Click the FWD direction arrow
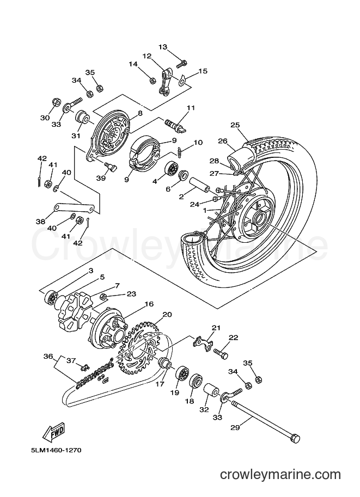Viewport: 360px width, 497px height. [x=54, y=432]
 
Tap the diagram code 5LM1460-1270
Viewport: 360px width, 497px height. [x=56, y=450]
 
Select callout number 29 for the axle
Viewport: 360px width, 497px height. [x=235, y=427]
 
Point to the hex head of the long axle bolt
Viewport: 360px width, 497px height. [x=295, y=438]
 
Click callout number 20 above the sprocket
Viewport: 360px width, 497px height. [x=167, y=315]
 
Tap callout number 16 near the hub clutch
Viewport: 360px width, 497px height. [x=149, y=304]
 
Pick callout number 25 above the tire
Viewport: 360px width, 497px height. [x=235, y=125]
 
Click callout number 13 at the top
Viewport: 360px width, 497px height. [x=163, y=47]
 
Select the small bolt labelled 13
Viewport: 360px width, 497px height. [x=181, y=64]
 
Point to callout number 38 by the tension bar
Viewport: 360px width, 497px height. [x=41, y=222]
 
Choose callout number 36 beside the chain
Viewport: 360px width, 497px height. [x=48, y=356]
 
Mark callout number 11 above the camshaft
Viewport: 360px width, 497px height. [x=191, y=108]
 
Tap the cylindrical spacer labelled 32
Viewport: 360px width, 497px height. [x=210, y=391]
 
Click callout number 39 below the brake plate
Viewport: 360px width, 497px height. [x=101, y=179]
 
